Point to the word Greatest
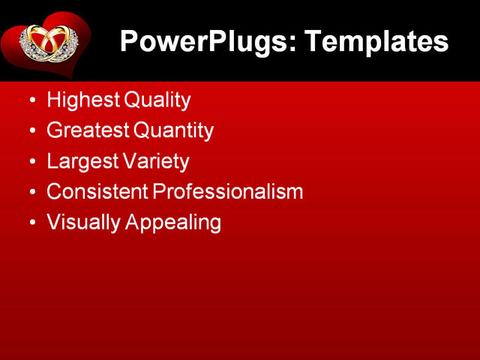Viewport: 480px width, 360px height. coord(87,130)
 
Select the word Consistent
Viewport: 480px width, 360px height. coord(97,191)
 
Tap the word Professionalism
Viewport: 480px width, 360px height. coord(228,191)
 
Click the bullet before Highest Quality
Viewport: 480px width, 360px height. coord(31,100)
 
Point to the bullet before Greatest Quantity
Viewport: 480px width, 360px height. coord(31,130)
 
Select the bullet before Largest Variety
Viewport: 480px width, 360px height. coord(31,161)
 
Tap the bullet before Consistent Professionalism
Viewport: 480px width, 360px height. coord(31,192)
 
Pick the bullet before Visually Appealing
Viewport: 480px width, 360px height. coord(31,223)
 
